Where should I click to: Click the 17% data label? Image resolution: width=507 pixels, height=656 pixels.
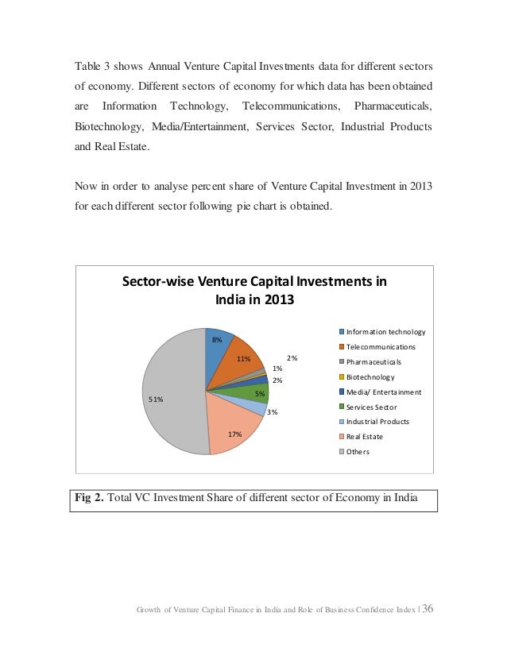point(234,434)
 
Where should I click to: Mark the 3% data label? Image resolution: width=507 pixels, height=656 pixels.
point(272,411)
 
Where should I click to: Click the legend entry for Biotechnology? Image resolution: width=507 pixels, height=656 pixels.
point(371,377)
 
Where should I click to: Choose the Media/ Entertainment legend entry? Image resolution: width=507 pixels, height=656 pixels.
point(383,392)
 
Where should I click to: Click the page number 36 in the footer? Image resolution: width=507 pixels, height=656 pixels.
point(428,609)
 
